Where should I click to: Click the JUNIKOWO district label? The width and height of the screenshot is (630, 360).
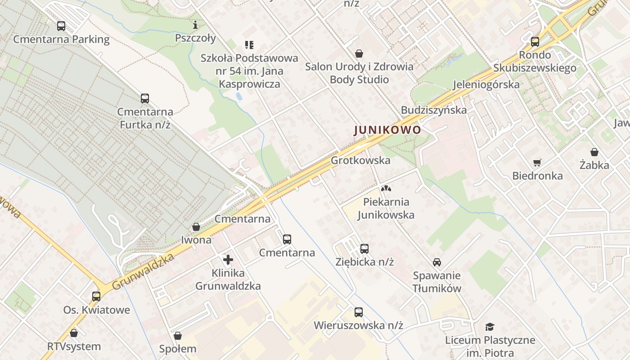click(x=387, y=130)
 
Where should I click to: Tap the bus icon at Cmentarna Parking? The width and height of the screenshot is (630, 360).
click(x=61, y=26)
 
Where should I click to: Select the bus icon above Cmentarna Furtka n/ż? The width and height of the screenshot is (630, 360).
click(x=145, y=99)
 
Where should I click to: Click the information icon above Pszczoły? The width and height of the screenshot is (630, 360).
click(x=195, y=25)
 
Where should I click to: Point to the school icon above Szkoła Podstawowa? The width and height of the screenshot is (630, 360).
click(x=249, y=45)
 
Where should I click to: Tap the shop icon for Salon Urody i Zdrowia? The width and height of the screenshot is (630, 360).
click(x=359, y=54)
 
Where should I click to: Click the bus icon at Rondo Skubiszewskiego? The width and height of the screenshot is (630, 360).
click(x=535, y=42)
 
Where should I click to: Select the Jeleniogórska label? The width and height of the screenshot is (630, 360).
click(x=486, y=84)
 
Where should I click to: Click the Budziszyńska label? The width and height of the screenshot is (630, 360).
click(x=434, y=110)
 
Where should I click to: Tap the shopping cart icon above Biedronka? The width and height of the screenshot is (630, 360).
click(x=537, y=162)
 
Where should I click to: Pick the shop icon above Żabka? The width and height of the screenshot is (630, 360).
click(x=594, y=152)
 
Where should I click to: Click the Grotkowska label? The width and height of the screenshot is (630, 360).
click(x=360, y=160)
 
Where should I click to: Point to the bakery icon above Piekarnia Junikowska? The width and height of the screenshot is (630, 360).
click(x=386, y=189)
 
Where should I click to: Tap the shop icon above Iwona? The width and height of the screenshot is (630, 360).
click(x=196, y=227)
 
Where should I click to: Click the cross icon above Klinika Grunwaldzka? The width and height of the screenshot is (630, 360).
click(x=228, y=260)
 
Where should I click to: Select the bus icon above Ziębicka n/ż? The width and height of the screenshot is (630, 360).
click(x=364, y=249)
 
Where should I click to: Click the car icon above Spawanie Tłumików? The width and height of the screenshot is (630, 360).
click(x=436, y=262)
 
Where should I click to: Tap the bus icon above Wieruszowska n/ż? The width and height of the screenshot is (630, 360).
click(x=359, y=312)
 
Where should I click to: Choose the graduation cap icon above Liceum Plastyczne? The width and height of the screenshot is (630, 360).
click(x=490, y=327)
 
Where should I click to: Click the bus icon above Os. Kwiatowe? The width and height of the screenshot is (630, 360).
click(x=96, y=297)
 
